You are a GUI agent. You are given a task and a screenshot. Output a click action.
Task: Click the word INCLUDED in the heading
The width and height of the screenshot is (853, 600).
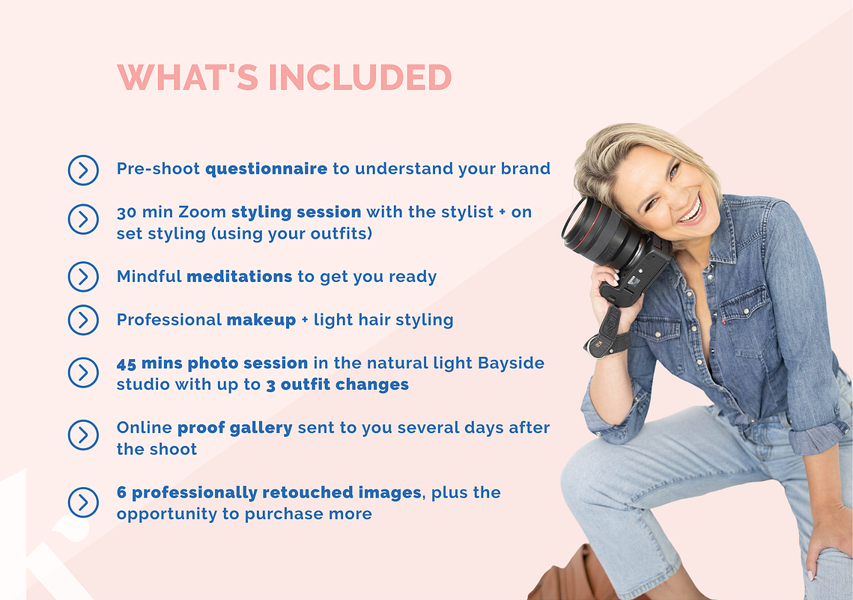(360, 77)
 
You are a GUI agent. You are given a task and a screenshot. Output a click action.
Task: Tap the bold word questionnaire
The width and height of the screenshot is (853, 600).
(266, 169)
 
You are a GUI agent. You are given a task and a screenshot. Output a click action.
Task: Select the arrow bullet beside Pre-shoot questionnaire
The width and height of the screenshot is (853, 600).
(83, 170)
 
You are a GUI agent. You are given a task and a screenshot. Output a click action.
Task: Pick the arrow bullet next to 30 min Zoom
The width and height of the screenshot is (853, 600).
(83, 219)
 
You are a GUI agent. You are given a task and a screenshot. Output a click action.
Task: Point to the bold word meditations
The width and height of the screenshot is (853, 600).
(240, 277)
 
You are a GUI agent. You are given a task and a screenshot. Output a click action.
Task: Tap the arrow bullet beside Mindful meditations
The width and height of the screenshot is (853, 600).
(83, 277)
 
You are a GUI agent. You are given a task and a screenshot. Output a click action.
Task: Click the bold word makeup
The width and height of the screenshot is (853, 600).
(261, 320)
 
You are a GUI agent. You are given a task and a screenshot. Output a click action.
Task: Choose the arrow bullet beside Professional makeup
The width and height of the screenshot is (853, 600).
(83, 319)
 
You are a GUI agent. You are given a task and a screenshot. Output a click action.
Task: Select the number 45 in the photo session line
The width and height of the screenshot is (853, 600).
(127, 363)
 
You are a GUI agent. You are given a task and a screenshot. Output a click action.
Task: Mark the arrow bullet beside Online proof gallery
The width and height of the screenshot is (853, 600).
(83, 435)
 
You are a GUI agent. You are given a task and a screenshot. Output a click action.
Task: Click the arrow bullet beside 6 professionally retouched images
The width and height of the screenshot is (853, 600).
(83, 502)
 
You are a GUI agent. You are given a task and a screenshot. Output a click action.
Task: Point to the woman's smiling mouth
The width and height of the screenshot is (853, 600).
(691, 209)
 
